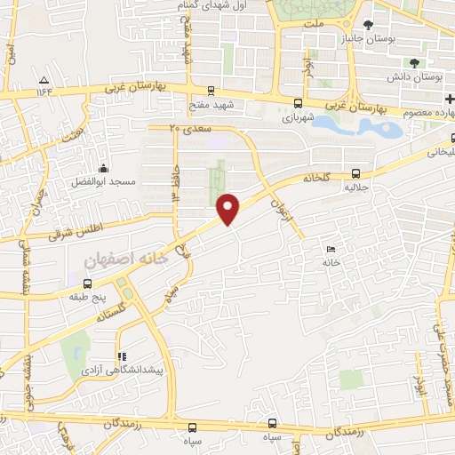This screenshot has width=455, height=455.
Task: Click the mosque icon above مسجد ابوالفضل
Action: [105, 169]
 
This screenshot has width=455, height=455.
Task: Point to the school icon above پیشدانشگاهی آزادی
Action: [122, 356]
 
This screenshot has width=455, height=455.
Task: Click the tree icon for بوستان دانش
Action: [415, 61]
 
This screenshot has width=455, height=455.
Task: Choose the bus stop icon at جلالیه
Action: [355, 174]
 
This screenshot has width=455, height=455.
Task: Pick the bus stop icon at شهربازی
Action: [299, 101]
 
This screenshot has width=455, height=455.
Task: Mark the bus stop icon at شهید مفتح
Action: [211, 90]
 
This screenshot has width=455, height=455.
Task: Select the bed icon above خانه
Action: [331, 249]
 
